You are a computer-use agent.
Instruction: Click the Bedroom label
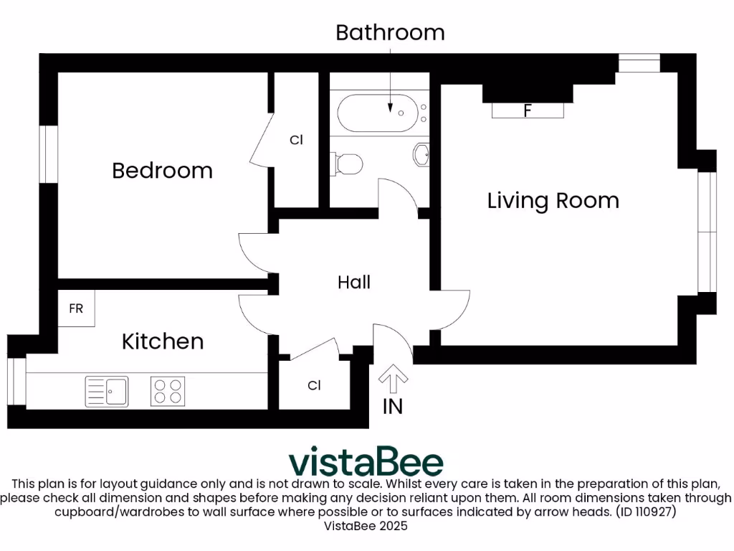click(163, 171)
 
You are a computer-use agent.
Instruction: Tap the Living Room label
click(553, 200)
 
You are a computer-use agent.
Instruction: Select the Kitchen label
click(163, 341)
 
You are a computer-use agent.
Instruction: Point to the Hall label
click(354, 283)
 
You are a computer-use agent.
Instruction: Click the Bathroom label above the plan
click(390, 33)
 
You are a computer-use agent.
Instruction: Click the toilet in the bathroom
click(345, 164)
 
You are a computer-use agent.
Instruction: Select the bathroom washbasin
click(422, 153)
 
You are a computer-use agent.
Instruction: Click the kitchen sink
click(106, 391)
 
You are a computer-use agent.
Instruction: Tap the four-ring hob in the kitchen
click(168, 391)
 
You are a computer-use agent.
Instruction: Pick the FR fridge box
click(76, 309)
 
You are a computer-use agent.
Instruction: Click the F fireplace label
click(528, 111)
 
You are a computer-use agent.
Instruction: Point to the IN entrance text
click(392, 407)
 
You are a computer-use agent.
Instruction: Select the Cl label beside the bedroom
click(296, 141)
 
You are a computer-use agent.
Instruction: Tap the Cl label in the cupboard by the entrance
click(314, 386)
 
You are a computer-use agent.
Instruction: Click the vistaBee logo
click(366, 461)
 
